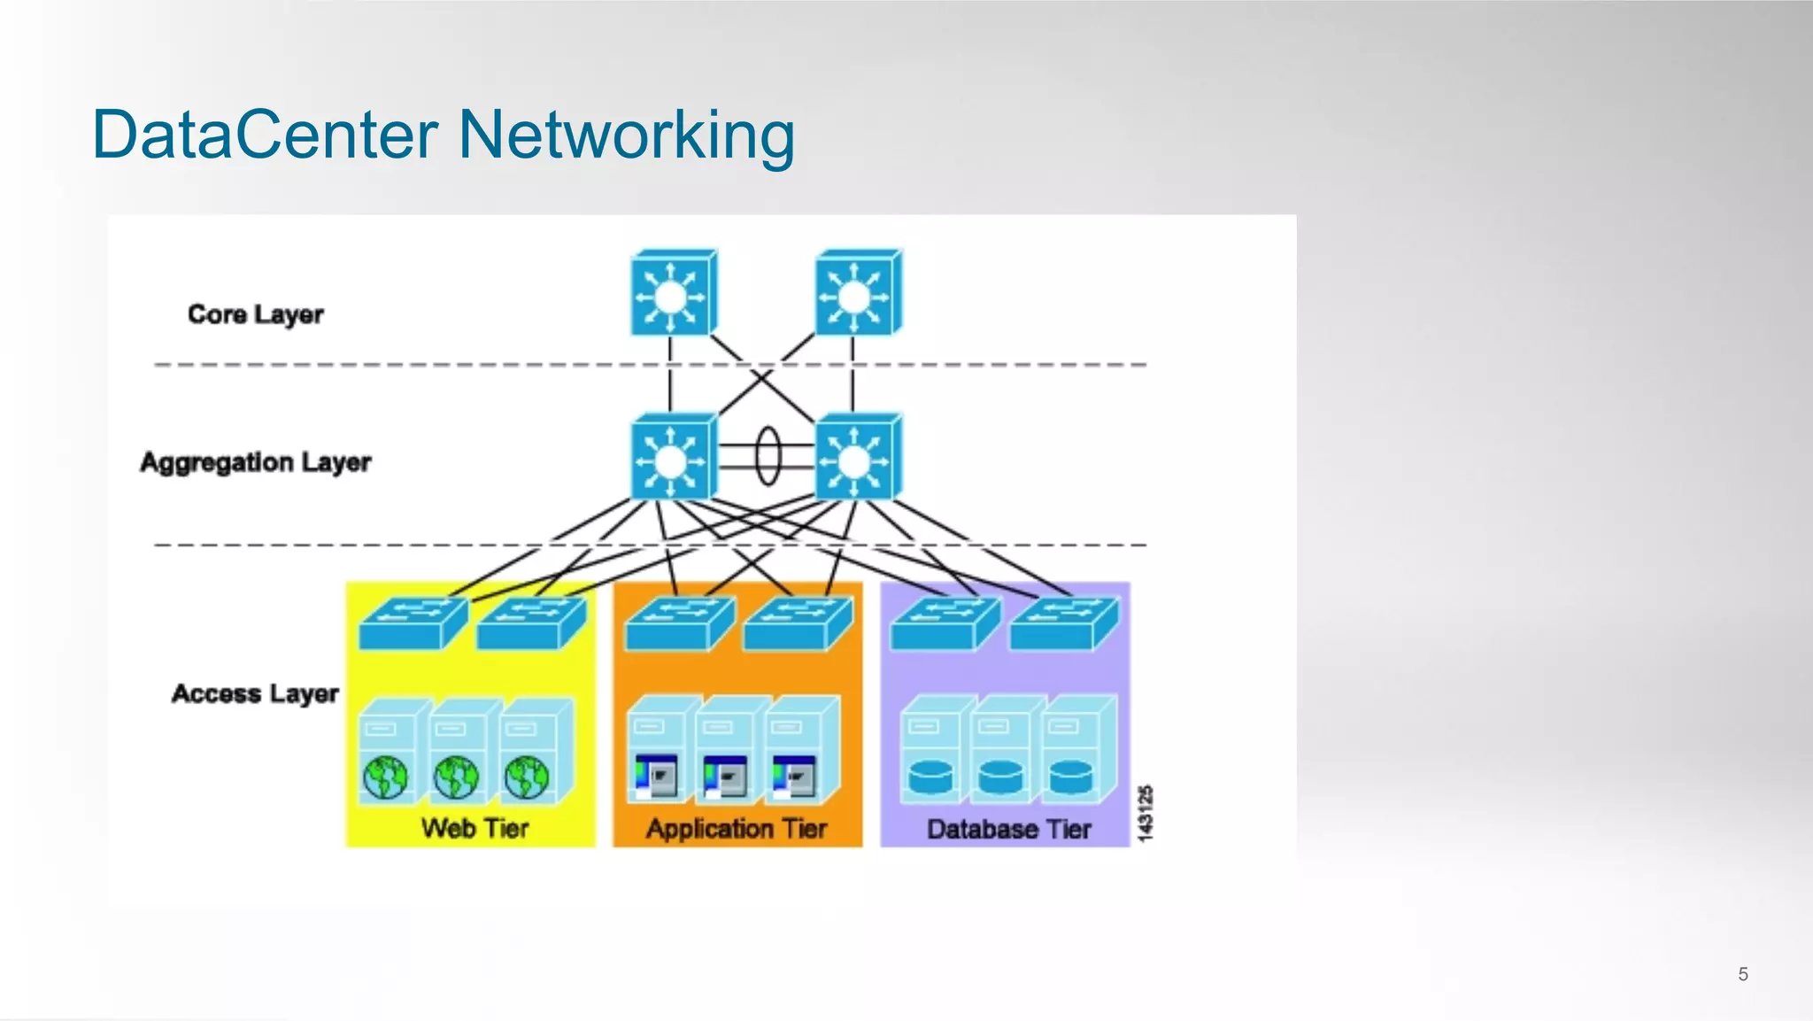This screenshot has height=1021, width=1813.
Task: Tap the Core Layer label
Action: tap(255, 314)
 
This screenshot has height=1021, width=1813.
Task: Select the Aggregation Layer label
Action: tap(255, 462)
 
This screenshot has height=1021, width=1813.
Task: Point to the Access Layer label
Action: tap(255, 693)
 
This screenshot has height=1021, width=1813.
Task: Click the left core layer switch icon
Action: tap(672, 294)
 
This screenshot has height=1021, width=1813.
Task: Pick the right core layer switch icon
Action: tap(856, 294)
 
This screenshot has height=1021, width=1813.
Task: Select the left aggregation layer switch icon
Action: tap(672, 458)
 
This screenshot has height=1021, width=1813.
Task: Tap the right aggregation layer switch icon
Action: tap(856, 458)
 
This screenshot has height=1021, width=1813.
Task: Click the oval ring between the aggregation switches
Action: tap(768, 456)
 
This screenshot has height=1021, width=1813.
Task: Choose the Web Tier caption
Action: tap(474, 829)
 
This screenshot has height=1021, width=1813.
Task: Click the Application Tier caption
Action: tap(737, 829)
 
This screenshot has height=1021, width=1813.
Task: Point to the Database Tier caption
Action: tap(1008, 830)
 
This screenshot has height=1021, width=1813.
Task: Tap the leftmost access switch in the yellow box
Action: tap(412, 623)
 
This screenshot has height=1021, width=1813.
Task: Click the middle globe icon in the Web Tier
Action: tap(456, 777)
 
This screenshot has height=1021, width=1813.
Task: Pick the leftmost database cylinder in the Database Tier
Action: tap(930, 777)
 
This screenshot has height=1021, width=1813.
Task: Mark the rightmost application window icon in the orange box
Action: tap(794, 777)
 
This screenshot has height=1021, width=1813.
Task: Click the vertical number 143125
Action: tap(1145, 813)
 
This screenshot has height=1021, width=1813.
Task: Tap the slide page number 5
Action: tap(1742, 974)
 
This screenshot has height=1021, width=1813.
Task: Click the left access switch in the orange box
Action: tap(678, 623)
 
